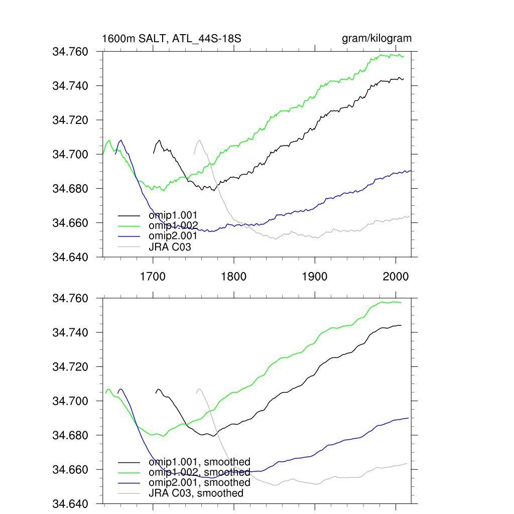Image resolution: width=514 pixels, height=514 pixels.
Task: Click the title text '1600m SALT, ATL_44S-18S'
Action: click(172, 39)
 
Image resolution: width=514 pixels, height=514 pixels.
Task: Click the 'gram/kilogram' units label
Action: click(376, 39)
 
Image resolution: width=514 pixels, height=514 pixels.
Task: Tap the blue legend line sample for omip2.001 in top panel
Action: click(129, 236)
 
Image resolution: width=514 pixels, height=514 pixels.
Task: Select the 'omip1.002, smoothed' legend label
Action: click(199, 472)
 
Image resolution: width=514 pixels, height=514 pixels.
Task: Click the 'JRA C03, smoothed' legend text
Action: click(196, 493)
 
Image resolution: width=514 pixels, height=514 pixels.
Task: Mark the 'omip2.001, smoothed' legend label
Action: click(199, 482)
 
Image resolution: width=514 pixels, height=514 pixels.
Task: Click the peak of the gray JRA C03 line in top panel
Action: click(199, 140)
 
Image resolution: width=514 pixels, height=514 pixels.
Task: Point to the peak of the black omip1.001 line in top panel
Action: click(159, 140)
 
